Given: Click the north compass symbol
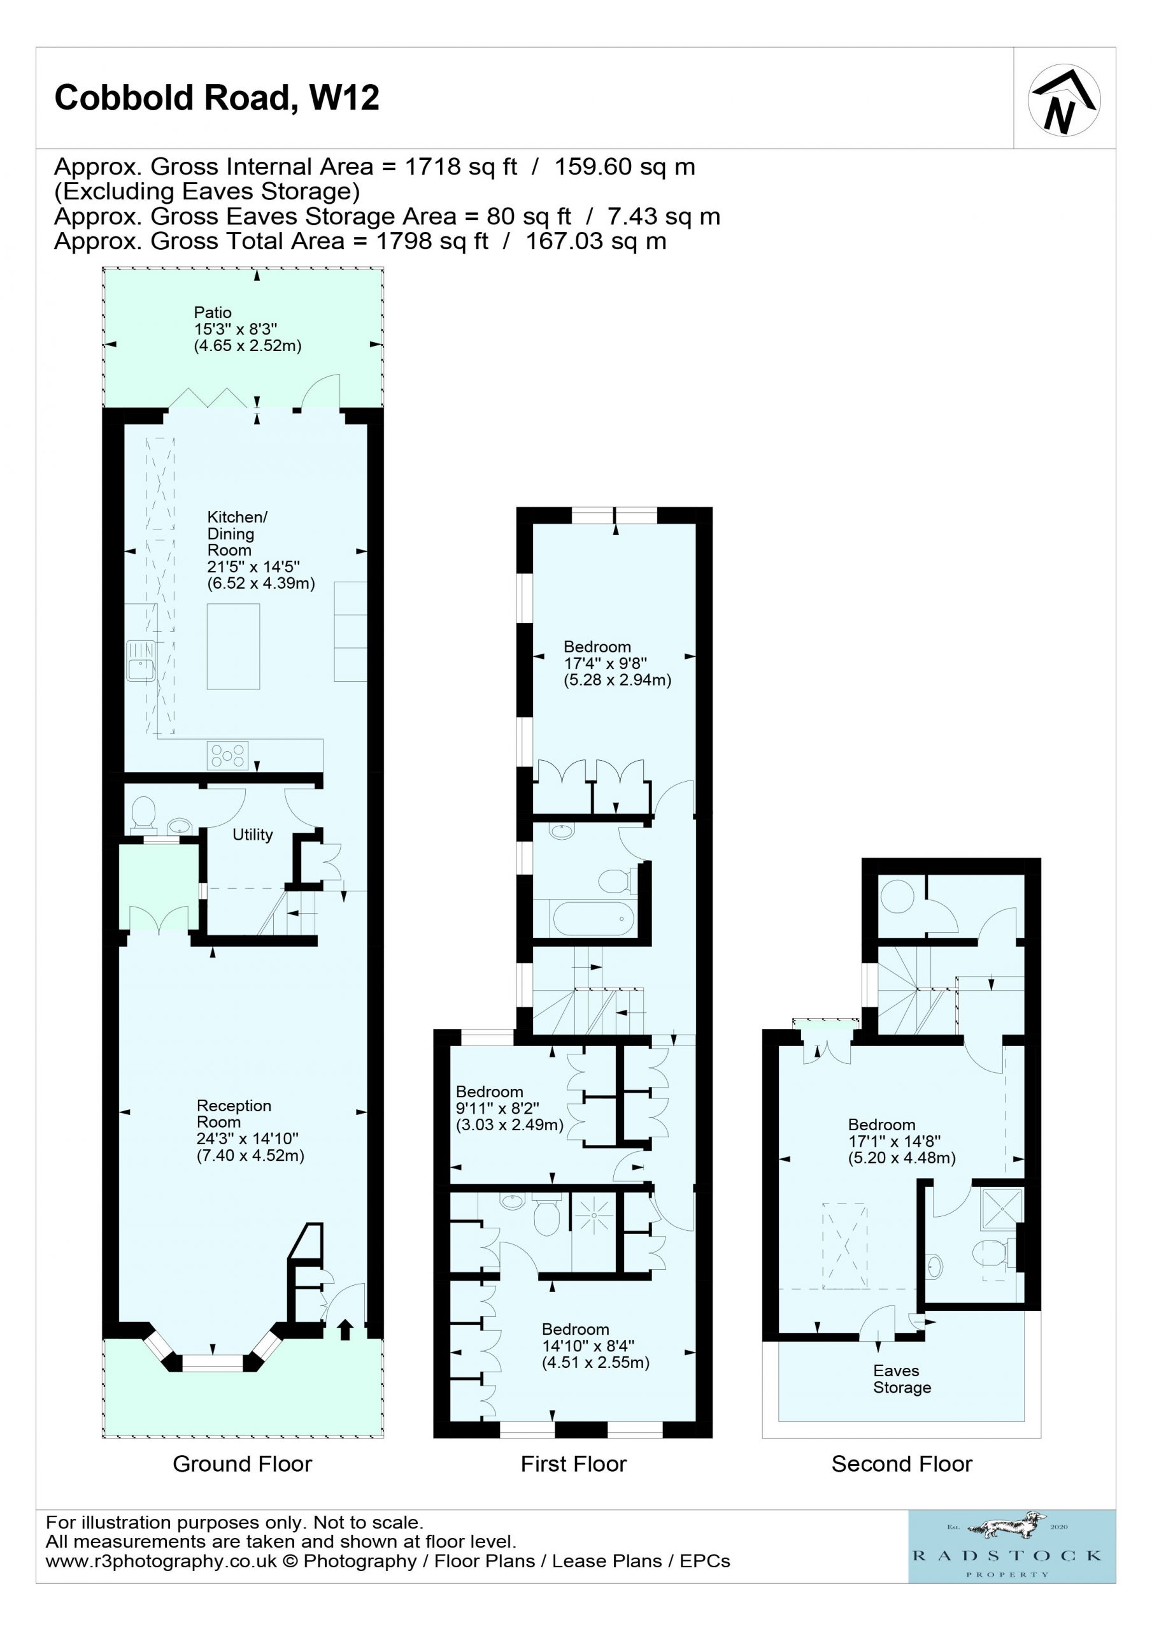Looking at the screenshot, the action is point(1064,100).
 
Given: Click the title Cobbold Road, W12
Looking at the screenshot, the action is point(217,98).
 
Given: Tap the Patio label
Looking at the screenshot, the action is point(213,313).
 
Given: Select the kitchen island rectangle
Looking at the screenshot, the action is point(233,647).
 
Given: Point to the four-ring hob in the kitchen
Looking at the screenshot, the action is point(228,755).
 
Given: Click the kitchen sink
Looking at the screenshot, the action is point(141,661).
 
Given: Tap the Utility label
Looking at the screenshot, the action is point(253,835).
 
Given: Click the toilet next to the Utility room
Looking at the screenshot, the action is point(144,814).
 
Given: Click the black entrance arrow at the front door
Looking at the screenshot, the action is point(346,1329).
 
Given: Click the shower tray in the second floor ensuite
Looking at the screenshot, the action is point(1002,1209).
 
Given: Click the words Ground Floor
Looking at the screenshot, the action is point(242,1463).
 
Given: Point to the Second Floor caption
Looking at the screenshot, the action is point(902,1463).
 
